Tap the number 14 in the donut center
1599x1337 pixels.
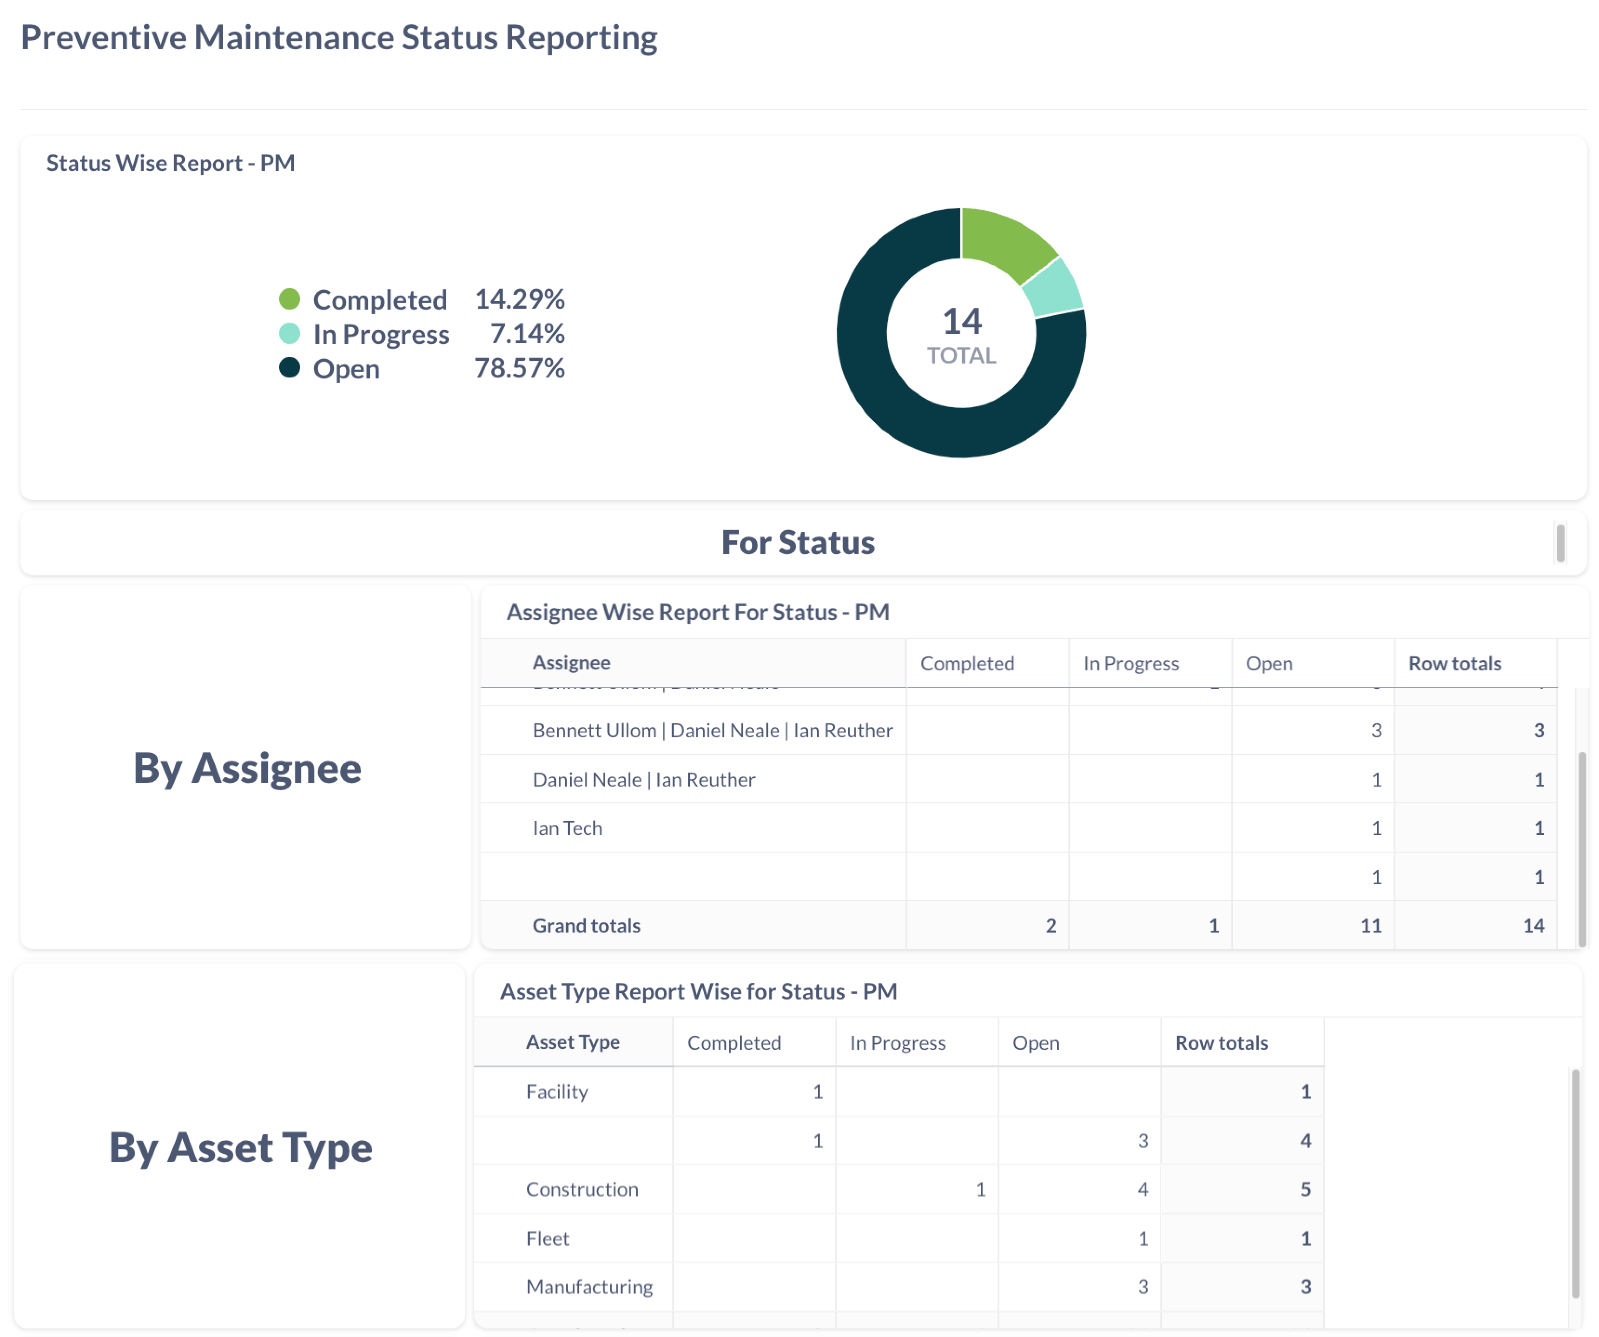962,321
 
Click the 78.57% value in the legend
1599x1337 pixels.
519,369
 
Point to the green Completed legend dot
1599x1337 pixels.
289,299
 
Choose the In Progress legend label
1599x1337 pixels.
381,334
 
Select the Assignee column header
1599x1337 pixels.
571,663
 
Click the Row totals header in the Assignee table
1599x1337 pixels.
1454,664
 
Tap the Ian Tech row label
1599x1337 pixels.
567,828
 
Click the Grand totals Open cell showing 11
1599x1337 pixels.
1371,926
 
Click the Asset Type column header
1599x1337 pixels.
573,1042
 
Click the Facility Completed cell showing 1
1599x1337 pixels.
818,1092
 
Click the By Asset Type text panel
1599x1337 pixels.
241,1147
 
